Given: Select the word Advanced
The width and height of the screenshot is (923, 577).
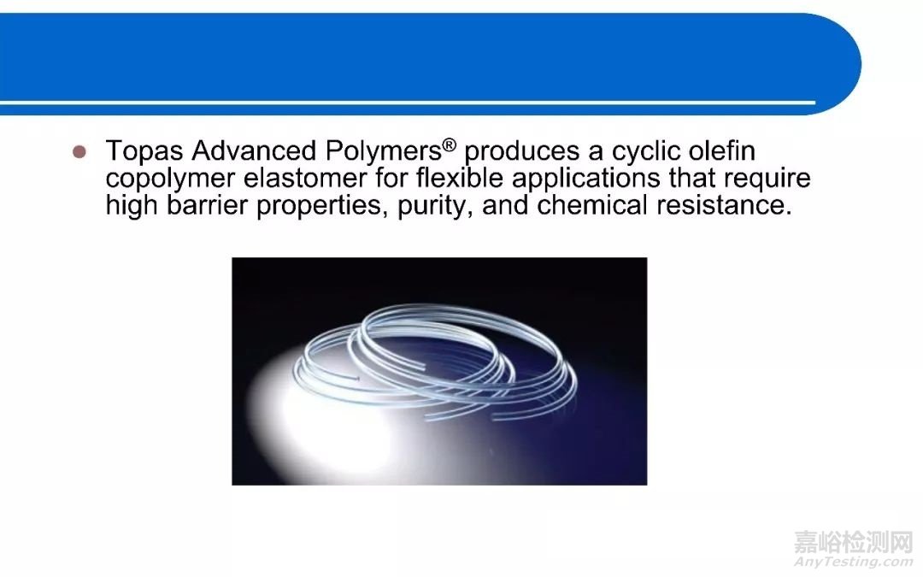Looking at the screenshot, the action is click(x=254, y=150).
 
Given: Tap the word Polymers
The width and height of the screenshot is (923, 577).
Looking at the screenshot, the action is click(x=383, y=152).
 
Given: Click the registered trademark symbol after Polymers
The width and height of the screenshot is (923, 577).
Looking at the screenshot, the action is click(x=450, y=144).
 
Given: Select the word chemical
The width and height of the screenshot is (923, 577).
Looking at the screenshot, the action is click(x=592, y=205).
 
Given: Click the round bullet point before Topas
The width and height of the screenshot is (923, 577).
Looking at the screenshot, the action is click(x=79, y=152).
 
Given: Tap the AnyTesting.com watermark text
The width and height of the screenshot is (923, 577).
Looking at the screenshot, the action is click(x=854, y=562).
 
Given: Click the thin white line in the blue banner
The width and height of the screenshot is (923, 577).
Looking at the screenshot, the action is click(x=408, y=103).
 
